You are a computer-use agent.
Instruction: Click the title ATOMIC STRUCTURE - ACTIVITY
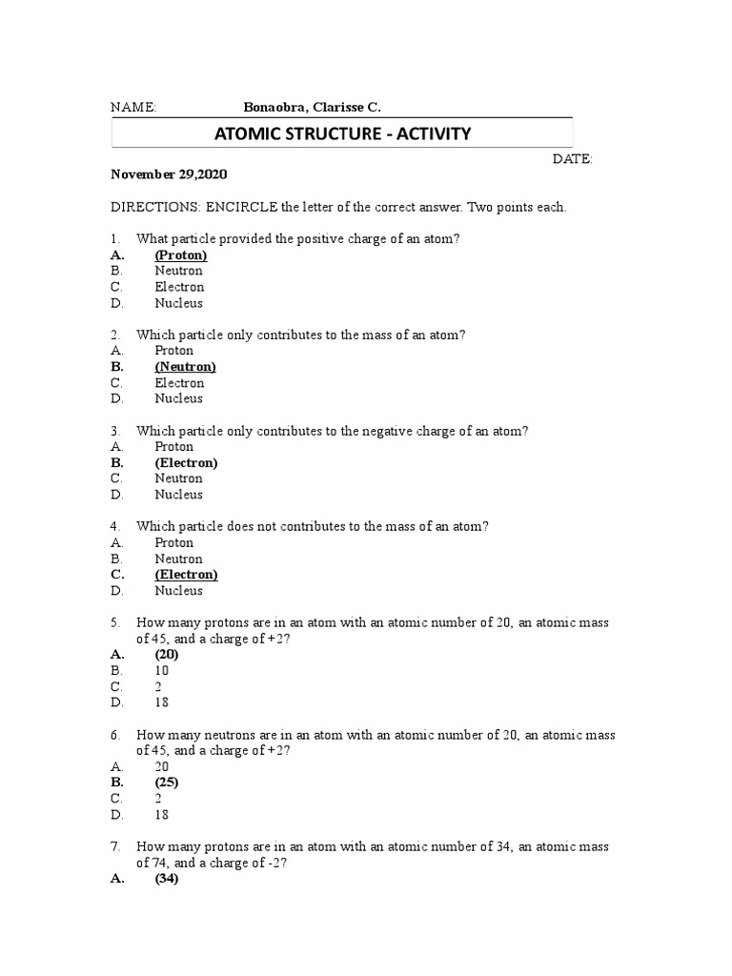pos(342,133)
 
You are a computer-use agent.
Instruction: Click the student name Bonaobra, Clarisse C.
pos(312,108)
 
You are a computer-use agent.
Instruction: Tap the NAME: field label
pos(133,108)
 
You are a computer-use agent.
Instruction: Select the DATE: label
pos(572,159)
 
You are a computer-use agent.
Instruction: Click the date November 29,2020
pos(170,175)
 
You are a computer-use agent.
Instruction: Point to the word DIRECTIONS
pos(150,208)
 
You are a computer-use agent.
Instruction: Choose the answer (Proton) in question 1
pos(181,255)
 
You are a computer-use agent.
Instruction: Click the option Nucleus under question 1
pos(179,303)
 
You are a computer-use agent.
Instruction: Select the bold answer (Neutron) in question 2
pos(185,367)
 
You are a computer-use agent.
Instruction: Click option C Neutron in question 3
pos(179,478)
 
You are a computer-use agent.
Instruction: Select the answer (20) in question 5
pos(167,655)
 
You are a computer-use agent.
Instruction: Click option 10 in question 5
pos(162,671)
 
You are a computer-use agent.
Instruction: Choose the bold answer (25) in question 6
pos(167,783)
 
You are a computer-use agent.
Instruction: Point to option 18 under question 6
pos(162,815)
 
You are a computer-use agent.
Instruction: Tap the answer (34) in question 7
pos(167,879)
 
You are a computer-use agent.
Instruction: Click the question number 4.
pos(114,526)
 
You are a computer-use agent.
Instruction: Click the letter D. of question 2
pos(116,398)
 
